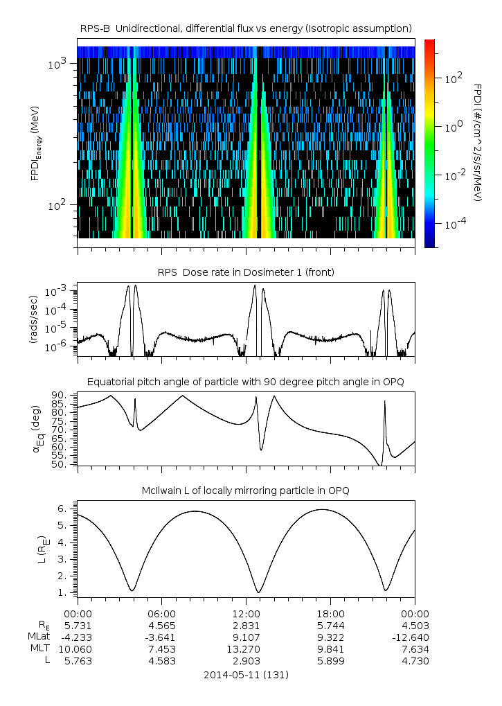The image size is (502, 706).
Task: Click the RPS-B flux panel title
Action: click(x=246, y=28)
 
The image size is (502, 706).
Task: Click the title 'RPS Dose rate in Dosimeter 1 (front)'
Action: click(x=246, y=272)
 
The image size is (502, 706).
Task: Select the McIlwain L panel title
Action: click(x=246, y=491)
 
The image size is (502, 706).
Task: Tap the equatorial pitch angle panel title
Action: click(x=246, y=382)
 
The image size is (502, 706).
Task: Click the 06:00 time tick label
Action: click(x=162, y=614)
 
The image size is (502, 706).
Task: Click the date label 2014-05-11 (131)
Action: click(x=246, y=674)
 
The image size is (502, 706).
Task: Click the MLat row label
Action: click(x=39, y=637)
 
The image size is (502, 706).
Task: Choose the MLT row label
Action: click(x=41, y=649)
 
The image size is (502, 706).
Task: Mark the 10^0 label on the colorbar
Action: click(x=453, y=127)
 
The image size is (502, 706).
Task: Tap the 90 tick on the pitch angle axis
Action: click(x=60, y=395)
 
